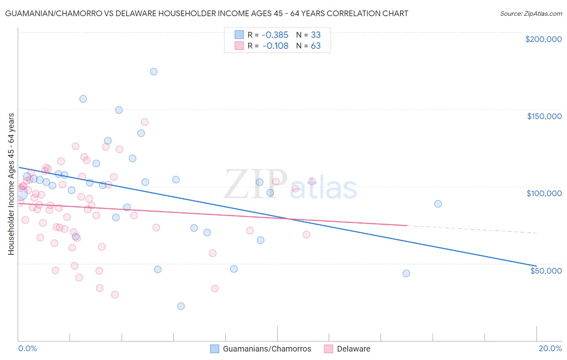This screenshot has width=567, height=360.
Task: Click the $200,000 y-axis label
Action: tap(543, 39)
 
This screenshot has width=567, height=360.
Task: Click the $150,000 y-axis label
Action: tap(544, 116)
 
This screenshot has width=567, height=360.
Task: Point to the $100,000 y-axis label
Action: tap(544, 193)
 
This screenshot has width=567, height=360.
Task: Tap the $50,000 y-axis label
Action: tap(546, 270)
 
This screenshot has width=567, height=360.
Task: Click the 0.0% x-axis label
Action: tap(27, 348)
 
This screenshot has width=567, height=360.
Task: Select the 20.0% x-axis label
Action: tap(550, 348)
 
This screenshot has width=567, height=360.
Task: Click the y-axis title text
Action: tap(11, 184)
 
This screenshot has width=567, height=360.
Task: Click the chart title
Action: tap(206, 13)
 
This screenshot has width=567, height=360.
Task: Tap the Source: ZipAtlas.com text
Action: tap(531, 13)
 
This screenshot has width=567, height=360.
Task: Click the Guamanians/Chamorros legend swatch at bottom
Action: tap(215, 349)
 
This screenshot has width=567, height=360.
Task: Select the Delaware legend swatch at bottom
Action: tap(329, 349)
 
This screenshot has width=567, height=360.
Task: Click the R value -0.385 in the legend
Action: tap(275, 35)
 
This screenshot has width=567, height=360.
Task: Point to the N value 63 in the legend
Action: tap(315, 46)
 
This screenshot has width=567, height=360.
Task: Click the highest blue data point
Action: tap(154, 71)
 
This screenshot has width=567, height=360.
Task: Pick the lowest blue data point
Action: tap(181, 306)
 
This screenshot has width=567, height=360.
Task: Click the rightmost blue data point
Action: tap(438, 204)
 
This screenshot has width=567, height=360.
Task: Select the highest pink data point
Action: tap(144, 122)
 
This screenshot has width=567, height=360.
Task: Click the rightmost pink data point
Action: tap(312, 182)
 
